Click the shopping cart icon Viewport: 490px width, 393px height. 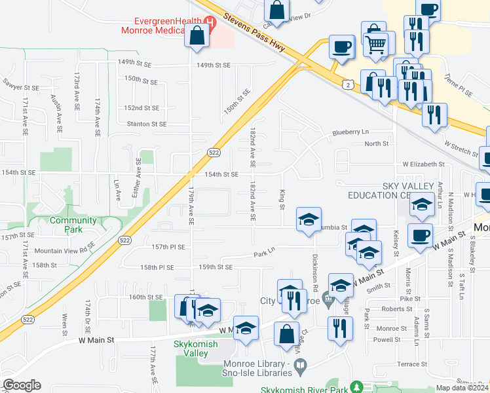click(376, 44)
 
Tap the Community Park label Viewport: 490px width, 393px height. click(73, 225)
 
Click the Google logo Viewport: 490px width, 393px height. click(22, 385)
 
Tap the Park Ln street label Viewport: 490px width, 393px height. click(265, 252)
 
